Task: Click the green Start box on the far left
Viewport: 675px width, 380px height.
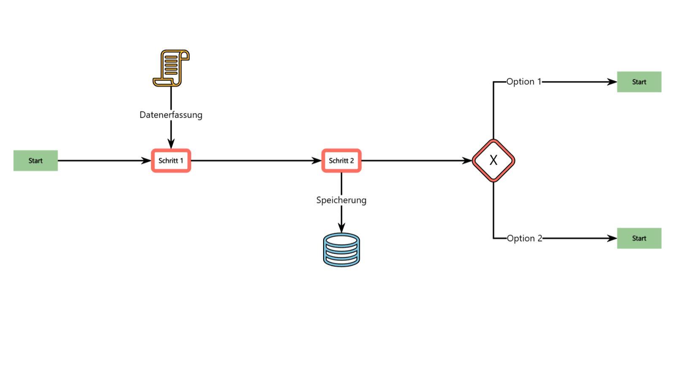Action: click(35, 160)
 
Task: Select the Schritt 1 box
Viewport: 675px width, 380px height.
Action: click(171, 160)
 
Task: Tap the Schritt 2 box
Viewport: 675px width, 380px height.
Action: click(341, 160)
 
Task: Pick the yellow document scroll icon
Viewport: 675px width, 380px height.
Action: click(171, 68)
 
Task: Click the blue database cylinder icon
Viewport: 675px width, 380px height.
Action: click(341, 250)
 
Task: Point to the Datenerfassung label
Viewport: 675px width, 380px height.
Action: click(171, 115)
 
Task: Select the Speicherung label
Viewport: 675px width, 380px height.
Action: click(341, 200)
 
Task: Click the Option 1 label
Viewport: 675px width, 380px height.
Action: click(524, 81)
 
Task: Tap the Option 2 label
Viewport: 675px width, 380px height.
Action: click(524, 238)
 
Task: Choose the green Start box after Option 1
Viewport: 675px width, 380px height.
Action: click(639, 82)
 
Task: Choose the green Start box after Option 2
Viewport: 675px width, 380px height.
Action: click(639, 238)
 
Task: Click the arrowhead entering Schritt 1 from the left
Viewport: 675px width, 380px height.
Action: click(146, 160)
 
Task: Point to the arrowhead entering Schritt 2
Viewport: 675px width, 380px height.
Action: click(317, 160)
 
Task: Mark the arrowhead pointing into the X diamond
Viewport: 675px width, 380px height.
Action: click(467, 160)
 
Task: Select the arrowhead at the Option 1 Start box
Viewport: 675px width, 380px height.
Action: click(612, 82)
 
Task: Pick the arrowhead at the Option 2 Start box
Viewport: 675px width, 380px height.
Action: click(612, 238)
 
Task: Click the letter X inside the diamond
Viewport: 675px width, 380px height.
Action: click(493, 160)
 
